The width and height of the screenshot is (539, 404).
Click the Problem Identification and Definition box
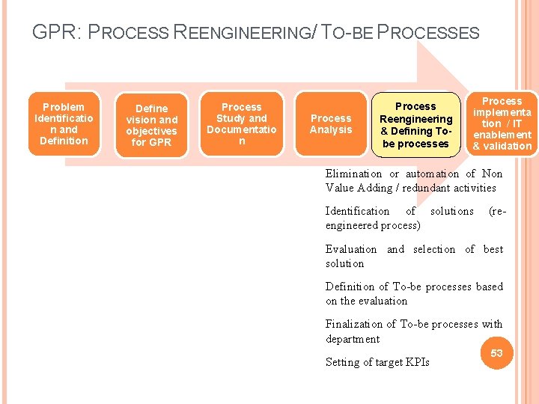tap(64, 124)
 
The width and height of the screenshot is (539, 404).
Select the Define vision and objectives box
tap(151, 126)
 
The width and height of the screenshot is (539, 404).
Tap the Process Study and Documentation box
tap(241, 124)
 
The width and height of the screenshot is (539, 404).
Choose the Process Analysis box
tap(331, 124)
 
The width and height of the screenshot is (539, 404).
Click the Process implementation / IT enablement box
tap(502, 123)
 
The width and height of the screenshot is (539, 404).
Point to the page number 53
tap(496, 352)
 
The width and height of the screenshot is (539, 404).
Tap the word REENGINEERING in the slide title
tap(244, 33)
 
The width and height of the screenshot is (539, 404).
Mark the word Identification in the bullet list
tap(357, 211)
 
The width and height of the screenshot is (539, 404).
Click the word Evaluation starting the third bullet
tap(351, 249)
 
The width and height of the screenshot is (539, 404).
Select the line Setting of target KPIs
tap(377, 362)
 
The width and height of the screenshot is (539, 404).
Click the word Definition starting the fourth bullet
tap(350, 287)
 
